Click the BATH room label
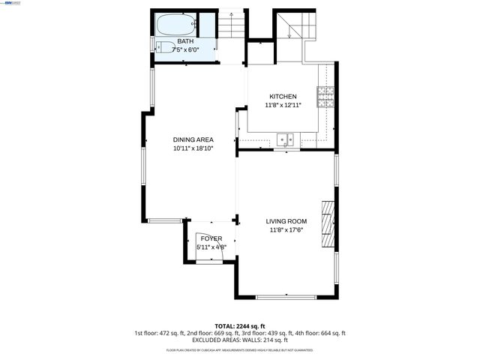pos(184,41)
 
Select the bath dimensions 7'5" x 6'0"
pos(184,49)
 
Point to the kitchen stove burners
pos(325,97)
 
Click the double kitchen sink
pos(284,139)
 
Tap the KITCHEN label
pos(283,97)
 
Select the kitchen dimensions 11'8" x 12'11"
pos(283,106)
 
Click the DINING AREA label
pos(193,139)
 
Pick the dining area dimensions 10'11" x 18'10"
pos(193,148)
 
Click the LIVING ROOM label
pos(286,221)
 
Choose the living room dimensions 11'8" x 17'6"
pos(286,230)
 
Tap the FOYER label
pos(211,238)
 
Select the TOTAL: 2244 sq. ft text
pos(239,325)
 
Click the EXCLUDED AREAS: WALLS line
pos(239,340)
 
